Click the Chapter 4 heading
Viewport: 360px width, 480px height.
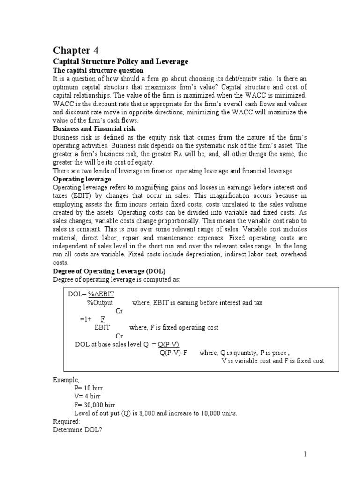(75, 50)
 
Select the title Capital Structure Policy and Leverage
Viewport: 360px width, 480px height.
(120, 61)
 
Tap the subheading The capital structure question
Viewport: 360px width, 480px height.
(98, 70)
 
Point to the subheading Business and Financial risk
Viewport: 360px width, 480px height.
(95, 128)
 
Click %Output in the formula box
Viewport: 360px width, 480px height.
(100, 302)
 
